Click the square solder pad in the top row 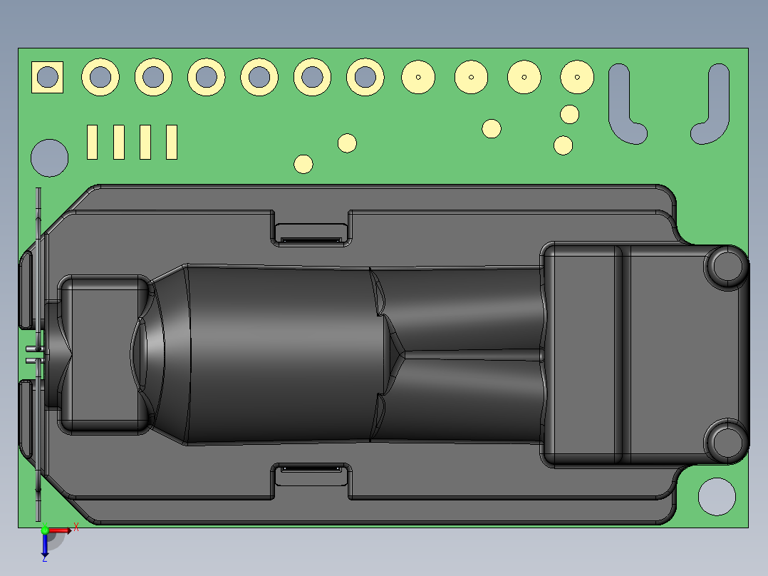coord(47,77)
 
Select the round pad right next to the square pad coord(100,76)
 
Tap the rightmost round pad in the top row coord(577,77)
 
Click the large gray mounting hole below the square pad coord(50,158)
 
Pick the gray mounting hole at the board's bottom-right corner coord(717,496)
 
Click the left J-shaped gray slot coord(624,107)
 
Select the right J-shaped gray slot coord(714,107)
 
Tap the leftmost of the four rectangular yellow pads coord(92,142)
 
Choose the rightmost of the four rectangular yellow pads coord(171,142)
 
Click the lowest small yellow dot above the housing coord(303,164)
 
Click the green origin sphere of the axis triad coord(45,530)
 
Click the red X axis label coord(76,528)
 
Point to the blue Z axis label coord(44,559)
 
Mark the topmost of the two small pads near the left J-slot coord(569,113)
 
